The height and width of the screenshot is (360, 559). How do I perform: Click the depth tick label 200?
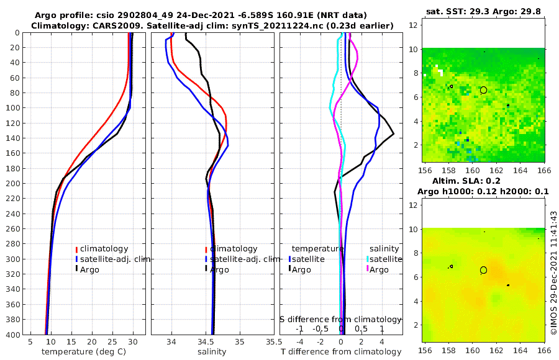point(12,183)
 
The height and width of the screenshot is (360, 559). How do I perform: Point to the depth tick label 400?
point(12,335)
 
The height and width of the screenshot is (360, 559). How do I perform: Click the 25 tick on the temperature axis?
point(112,341)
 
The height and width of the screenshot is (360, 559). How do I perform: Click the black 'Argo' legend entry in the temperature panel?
point(91,269)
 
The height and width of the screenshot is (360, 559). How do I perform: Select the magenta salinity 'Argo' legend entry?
point(379,269)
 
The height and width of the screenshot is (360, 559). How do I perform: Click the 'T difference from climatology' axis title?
point(341,352)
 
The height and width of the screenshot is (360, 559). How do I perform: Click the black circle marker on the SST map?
point(484,90)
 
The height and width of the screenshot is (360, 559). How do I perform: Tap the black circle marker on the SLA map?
point(484,270)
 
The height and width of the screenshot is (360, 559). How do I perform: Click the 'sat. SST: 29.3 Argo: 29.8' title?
point(484,12)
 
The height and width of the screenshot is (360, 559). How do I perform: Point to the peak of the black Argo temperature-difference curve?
point(393,134)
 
